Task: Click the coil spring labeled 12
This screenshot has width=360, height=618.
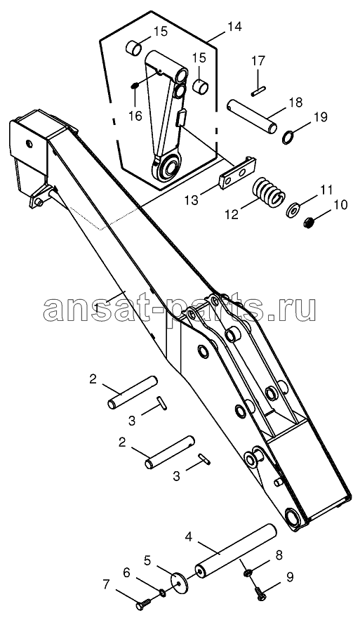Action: (x=269, y=191)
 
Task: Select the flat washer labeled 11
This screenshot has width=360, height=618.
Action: (x=292, y=210)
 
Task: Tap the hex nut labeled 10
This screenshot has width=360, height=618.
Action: (x=310, y=223)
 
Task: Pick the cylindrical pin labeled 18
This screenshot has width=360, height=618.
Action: (x=252, y=117)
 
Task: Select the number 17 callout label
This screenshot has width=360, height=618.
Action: (x=259, y=62)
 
